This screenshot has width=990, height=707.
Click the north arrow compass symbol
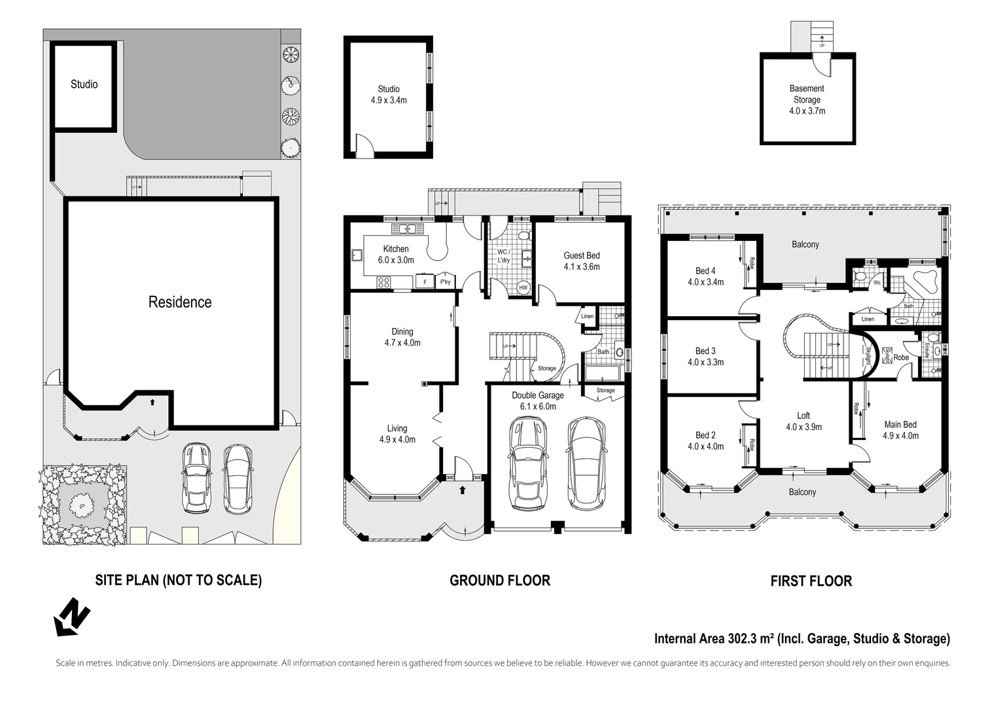click(71, 617)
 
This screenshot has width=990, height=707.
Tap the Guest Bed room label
click(581, 255)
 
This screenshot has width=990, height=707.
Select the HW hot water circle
click(523, 288)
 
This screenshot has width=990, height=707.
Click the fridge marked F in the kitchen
click(425, 281)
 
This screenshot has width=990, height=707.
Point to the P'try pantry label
click(445, 282)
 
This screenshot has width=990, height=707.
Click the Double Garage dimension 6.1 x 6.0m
click(538, 407)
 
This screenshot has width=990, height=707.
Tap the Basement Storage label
click(807, 94)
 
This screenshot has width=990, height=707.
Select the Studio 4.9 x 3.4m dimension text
click(389, 100)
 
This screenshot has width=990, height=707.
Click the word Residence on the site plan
click(180, 302)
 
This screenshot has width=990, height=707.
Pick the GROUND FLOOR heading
click(500, 581)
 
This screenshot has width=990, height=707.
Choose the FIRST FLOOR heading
click(811, 581)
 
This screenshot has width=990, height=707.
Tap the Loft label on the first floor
click(804, 416)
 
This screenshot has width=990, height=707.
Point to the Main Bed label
click(900, 424)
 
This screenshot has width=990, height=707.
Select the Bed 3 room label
click(705, 351)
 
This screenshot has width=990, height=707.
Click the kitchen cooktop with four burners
click(383, 282)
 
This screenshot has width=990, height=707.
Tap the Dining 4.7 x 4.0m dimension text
click(402, 342)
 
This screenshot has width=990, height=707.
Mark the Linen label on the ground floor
click(588, 316)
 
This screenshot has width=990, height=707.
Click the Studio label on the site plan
click(84, 84)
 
